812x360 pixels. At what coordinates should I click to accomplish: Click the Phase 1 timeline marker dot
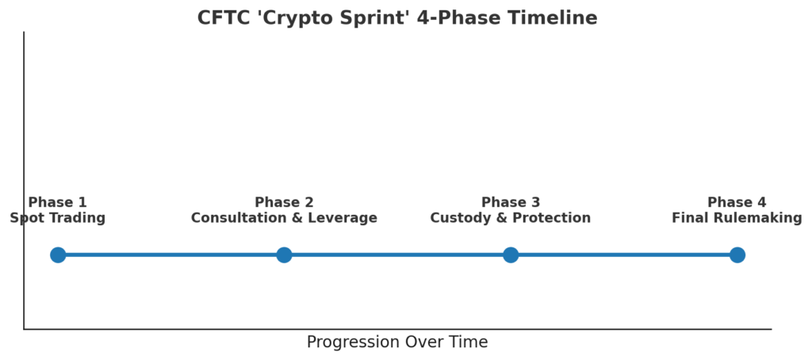[x=58, y=255]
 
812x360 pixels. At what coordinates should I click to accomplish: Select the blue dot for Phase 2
[x=284, y=255]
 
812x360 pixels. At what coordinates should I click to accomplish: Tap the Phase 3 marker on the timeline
[x=511, y=255]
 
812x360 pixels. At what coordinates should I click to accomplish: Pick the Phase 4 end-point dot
[x=737, y=255]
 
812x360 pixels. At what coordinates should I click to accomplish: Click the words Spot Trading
[x=57, y=218]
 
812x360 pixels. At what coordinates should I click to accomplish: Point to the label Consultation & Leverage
[x=284, y=218]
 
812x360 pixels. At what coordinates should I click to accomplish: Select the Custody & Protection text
[x=511, y=218]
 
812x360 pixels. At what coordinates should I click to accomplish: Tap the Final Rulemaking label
[x=737, y=218]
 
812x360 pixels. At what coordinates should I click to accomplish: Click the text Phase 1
[x=57, y=202]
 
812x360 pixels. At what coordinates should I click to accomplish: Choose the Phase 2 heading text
[x=284, y=202]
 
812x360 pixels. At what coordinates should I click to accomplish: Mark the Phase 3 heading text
[x=511, y=202]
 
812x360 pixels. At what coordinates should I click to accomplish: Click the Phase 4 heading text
[x=737, y=202]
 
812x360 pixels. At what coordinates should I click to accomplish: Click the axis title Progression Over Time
[x=397, y=343]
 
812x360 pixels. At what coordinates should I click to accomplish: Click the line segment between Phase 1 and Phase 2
[x=171, y=255]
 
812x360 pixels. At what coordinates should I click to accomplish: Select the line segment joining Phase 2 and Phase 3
[x=397, y=255]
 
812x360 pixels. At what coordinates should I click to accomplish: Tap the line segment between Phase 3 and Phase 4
[x=624, y=255]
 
